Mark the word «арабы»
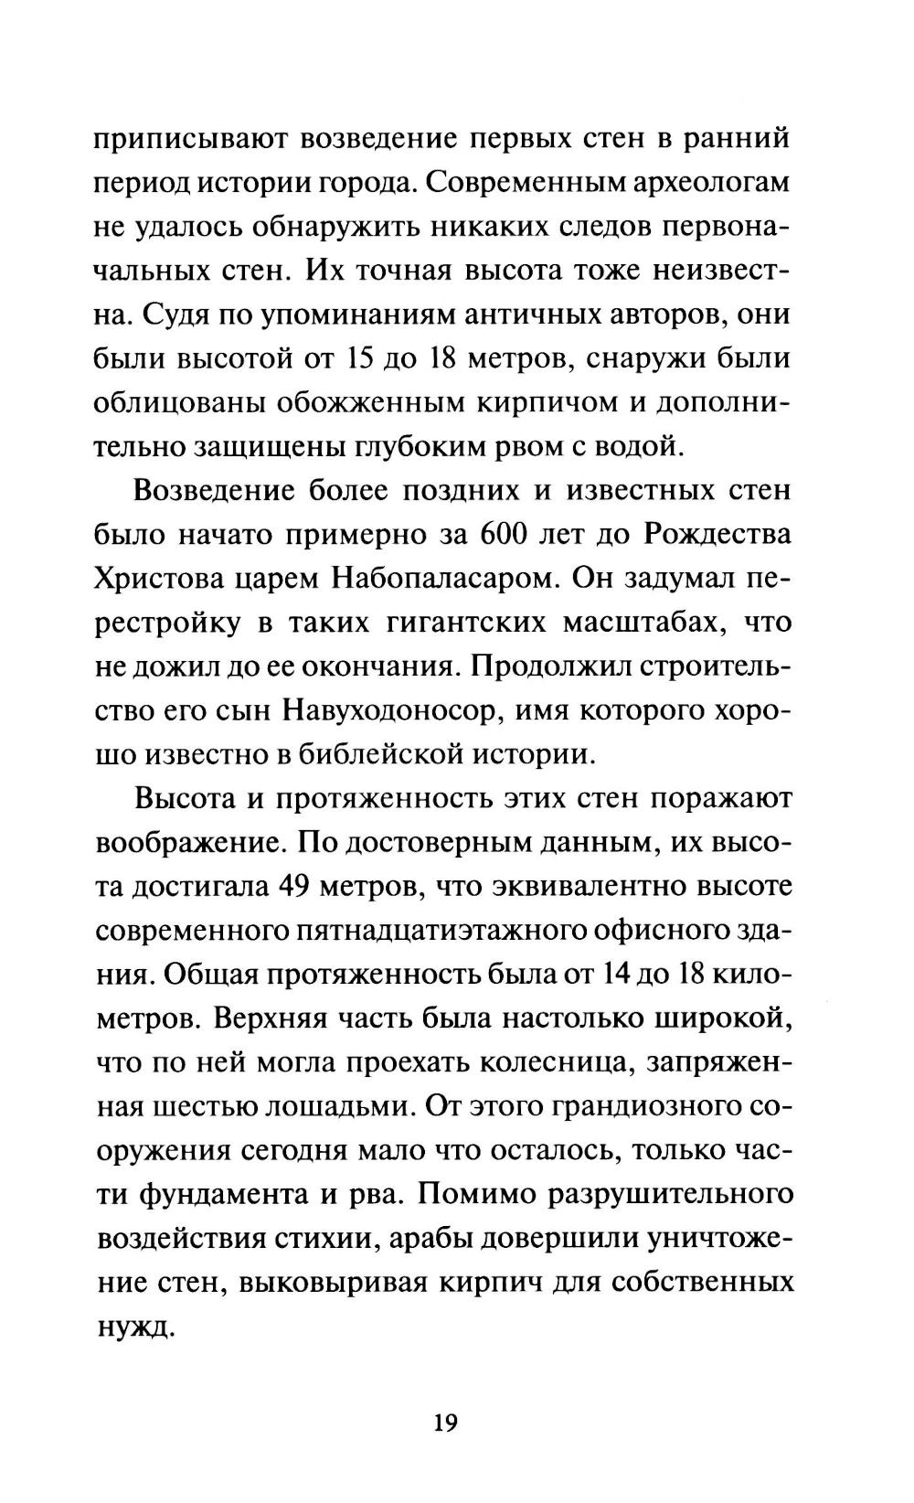(443, 1237)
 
